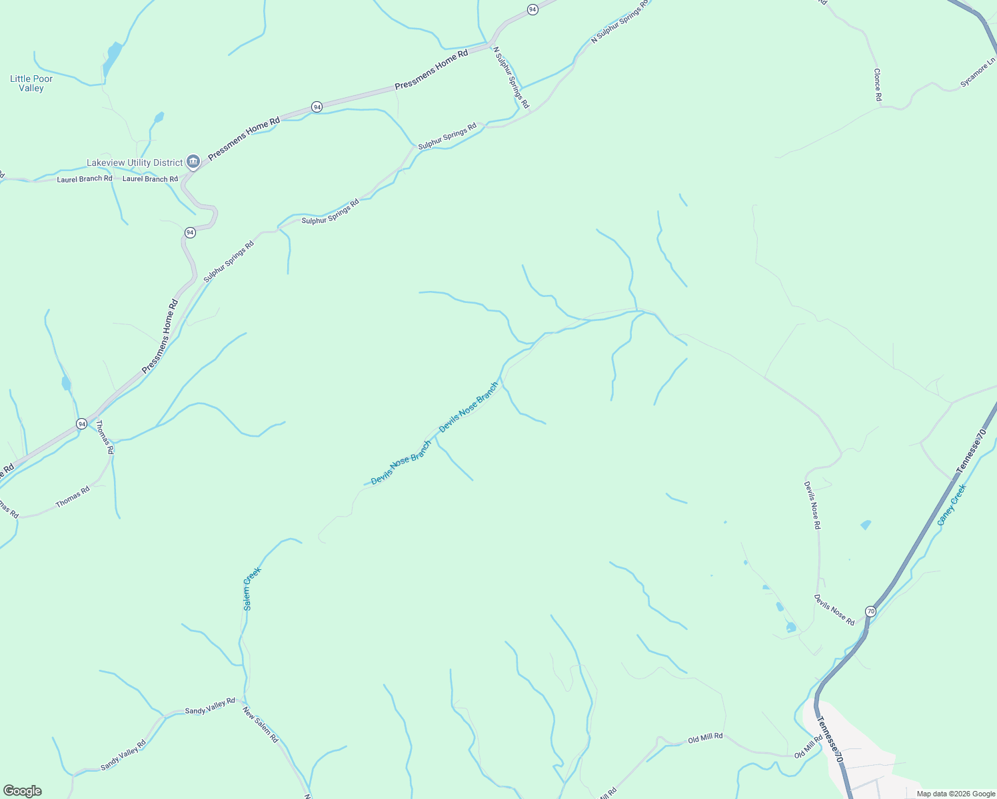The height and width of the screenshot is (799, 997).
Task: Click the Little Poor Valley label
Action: click(x=31, y=83)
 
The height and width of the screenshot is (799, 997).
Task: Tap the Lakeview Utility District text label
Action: click(x=135, y=162)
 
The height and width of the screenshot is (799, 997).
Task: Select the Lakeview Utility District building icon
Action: click(x=193, y=161)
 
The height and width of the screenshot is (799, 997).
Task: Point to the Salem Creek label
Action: click(x=252, y=588)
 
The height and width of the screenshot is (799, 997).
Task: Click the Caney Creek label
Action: click(x=951, y=505)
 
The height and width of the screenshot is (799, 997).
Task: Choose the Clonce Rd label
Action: click(x=878, y=85)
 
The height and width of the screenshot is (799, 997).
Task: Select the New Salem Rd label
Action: click(x=260, y=725)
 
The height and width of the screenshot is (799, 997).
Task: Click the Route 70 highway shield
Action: click(x=870, y=611)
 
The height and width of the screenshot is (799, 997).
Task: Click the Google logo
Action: click(x=22, y=791)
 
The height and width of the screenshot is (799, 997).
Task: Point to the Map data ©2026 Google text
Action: click(x=956, y=794)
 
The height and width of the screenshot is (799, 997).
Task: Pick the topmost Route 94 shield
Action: click(x=532, y=9)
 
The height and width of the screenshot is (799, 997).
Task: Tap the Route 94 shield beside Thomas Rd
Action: click(x=81, y=423)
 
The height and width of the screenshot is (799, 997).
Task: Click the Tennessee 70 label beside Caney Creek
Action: click(x=971, y=451)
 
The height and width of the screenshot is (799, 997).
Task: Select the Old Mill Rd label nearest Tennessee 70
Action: click(x=808, y=747)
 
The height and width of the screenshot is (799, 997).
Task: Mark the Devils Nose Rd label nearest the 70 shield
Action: click(x=834, y=609)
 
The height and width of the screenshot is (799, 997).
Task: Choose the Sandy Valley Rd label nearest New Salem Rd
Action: click(x=210, y=706)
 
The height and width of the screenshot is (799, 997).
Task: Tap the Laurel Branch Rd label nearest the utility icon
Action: click(x=150, y=179)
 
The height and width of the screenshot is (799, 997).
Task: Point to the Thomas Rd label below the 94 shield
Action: click(x=105, y=437)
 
